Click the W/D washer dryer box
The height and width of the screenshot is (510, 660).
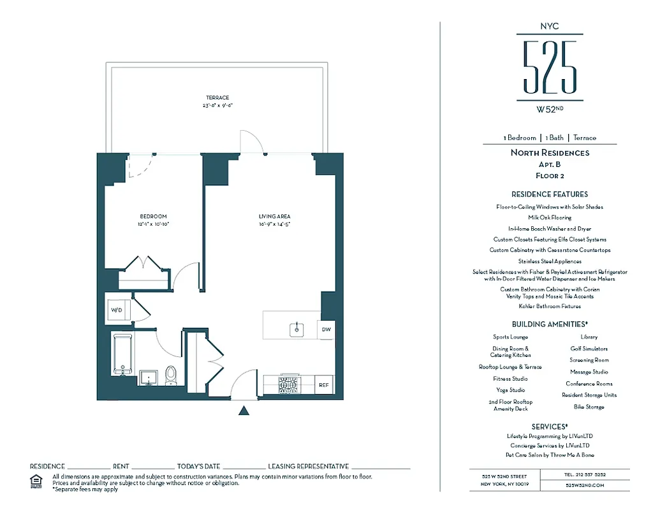tap(117, 310)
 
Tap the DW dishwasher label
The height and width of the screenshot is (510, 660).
tap(326, 330)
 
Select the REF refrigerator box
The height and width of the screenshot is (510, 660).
tap(324, 385)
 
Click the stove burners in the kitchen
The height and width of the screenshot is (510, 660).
tap(288, 385)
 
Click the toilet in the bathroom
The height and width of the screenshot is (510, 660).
tap(170, 375)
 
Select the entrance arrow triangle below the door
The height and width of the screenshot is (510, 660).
tap(243, 411)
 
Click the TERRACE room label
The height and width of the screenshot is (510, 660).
tap(217, 98)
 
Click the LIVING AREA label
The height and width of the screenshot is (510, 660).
tap(274, 217)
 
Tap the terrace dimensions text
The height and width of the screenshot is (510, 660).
tap(217, 105)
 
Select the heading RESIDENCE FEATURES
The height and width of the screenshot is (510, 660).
tap(549, 194)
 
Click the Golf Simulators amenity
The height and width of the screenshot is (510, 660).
tap(589, 349)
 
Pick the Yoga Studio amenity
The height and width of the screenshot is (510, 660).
tap(510, 390)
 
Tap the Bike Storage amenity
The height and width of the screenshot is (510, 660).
tap(589, 407)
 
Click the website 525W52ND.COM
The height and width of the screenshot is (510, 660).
tap(584, 485)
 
